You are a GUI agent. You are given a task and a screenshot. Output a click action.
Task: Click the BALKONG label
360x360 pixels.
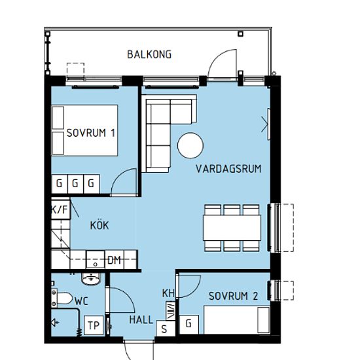tap(149, 54)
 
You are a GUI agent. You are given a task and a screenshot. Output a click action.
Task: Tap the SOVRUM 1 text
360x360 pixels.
tap(91, 133)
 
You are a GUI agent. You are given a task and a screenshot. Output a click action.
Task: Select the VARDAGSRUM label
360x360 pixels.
tap(228, 169)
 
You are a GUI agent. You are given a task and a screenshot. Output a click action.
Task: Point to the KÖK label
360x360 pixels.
tap(99, 225)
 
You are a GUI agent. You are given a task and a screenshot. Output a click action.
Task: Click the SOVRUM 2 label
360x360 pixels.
tap(233, 296)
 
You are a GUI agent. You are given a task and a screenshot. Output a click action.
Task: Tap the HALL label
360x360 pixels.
tap(141, 320)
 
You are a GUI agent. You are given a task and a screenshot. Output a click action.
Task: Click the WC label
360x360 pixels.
tap(82, 301)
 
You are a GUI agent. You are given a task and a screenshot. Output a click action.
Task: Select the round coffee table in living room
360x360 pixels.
tap(190, 145)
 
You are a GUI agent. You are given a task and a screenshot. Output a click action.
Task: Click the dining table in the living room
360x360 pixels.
tap(232, 228)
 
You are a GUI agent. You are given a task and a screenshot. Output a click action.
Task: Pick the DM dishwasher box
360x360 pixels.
tap(115, 260)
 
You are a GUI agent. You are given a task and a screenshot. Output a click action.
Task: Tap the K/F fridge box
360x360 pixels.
tap(60, 209)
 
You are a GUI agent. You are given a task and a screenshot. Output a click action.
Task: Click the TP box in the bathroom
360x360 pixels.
tap(94, 325)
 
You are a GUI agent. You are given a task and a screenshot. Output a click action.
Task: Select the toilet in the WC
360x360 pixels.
tap(62, 298)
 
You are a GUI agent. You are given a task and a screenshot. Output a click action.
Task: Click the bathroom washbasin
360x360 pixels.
tap(91, 279)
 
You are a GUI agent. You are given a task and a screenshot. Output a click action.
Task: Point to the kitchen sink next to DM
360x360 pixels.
tap(96, 260)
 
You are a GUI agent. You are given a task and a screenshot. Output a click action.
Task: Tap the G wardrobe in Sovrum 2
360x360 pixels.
tap(189, 325)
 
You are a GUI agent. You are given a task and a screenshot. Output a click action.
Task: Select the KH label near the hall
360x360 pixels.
tap(168, 293)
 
